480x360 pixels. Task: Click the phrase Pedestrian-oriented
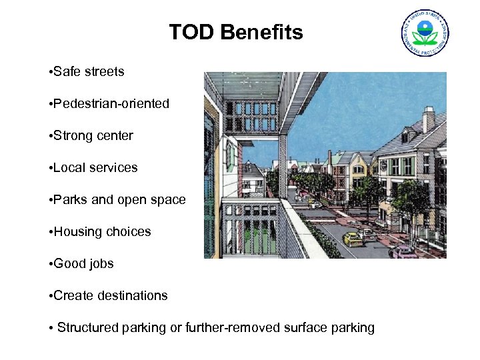coord(111,103)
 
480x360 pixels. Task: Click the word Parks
coord(70,199)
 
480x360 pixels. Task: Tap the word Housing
coord(77,231)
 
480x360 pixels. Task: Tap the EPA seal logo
coord(425,33)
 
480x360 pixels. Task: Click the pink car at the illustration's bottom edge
coord(403,253)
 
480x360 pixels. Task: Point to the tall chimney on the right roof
coord(428,119)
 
